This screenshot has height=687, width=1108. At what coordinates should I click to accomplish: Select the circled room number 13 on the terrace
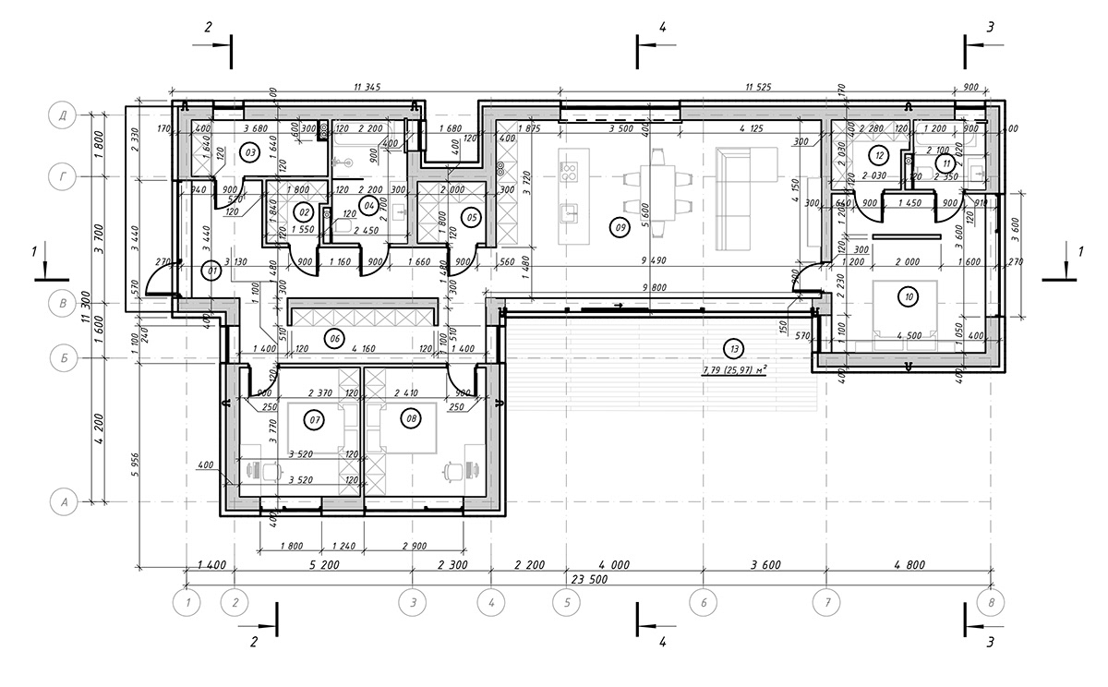click(734, 349)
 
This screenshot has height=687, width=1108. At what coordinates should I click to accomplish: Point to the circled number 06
click(333, 339)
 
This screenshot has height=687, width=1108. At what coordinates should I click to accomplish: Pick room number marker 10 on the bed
click(909, 296)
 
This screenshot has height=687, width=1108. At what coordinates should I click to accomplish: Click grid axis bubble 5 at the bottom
click(566, 603)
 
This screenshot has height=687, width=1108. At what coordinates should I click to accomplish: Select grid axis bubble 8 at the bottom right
click(993, 603)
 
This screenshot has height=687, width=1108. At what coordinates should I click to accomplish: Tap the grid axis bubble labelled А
click(65, 502)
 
